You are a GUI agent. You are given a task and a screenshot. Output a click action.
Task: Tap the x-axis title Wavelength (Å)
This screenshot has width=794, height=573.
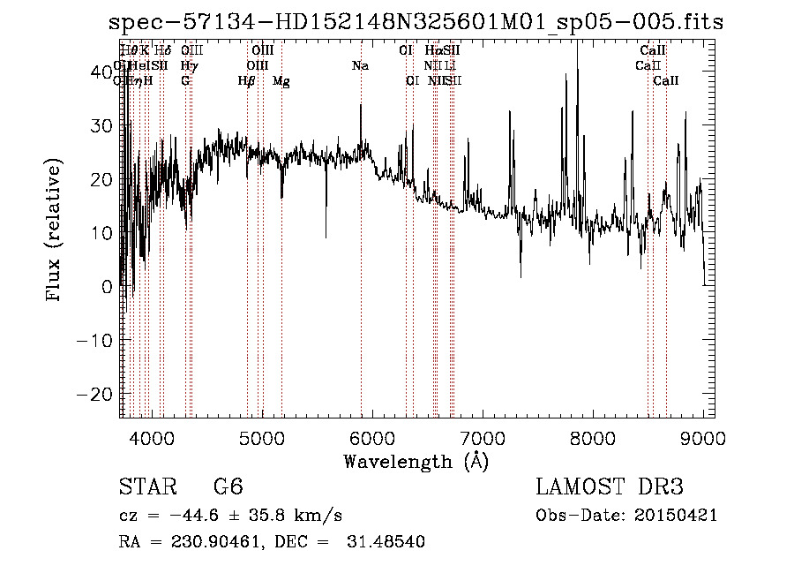(416, 461)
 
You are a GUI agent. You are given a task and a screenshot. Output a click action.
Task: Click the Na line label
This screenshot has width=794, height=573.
(360, 65)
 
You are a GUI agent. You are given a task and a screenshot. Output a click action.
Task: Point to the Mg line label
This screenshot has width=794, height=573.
(281, 81)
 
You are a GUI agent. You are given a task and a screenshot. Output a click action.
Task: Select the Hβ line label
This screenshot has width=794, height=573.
(247, 81)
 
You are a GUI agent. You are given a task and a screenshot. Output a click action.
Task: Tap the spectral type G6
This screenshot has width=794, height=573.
(228, 487)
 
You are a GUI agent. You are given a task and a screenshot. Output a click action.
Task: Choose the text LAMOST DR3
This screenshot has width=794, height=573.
(610, 487)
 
